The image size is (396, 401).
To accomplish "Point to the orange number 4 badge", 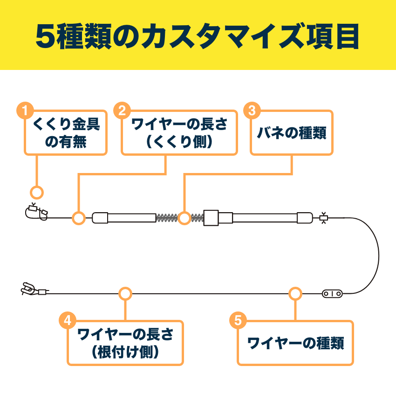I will [x=68, y=320].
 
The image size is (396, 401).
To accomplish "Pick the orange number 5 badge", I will [x=239, y=320].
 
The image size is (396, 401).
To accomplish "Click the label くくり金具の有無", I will [x=66, y=133].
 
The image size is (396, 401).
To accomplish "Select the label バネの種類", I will [x=292, y=133].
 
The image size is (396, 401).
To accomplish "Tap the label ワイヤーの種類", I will [x=295, y=344].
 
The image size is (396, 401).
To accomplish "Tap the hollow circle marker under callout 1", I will [x=36, y=192].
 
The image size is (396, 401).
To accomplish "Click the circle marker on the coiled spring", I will [x=184, y=218].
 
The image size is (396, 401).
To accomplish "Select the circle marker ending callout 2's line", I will [x=78, y=218].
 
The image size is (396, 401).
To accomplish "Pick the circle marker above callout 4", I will [x=125, y=294].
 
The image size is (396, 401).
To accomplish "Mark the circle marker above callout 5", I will [x=295, y=294].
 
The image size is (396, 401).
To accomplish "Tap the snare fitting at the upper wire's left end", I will [x=36, y=213].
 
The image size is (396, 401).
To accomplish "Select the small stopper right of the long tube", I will [x=323, y=218].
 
